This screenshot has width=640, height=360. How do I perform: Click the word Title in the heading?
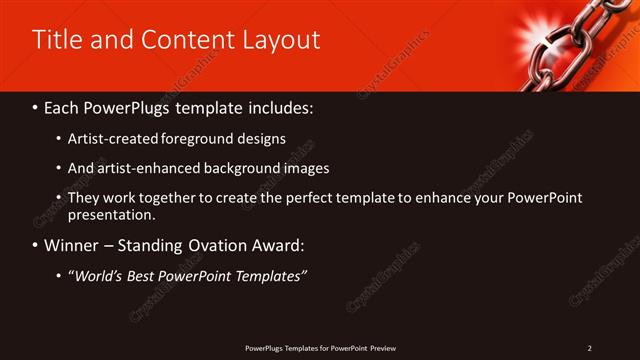tap(58, 40)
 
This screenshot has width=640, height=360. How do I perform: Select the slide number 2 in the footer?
tap(590, 348)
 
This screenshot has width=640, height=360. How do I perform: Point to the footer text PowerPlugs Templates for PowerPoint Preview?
tap(321, 348)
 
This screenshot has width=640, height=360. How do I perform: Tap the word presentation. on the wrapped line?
tap(112, 214)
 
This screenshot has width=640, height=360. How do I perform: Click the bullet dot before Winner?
tap(36, 246)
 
